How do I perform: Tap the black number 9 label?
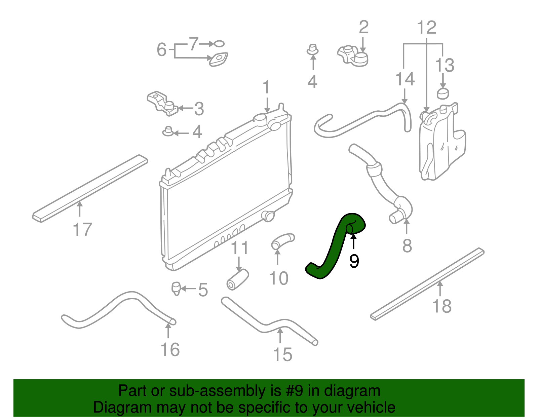[x=354, y=261]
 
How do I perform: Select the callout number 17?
[x=82, y=230]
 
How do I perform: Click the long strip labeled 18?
[x=427, y=284]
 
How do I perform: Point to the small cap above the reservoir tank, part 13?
[x=443, y=93]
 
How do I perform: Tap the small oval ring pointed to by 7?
[x=219, y=44]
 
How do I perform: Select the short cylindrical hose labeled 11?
[x=238, y=279]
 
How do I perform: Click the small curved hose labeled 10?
[x=282, y=241]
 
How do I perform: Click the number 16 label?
[x=170, y=350]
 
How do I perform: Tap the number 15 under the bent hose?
[x=282, y=354]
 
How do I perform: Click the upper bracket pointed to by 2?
[x=353, y=56]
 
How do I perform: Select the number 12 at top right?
[x=427, y=28]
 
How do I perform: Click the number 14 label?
[x=405, y=79]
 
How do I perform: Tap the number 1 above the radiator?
[x=266, y=87]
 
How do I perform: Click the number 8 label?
[x=407, y=246]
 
